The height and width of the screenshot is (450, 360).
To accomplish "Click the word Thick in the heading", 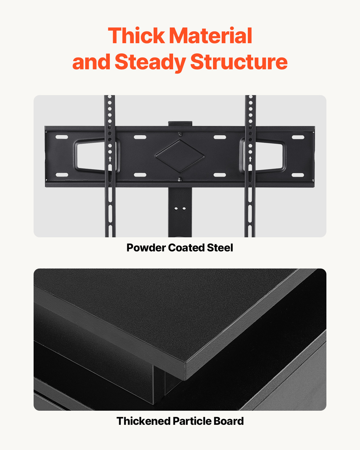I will pyautogui.click(x=136, y=36).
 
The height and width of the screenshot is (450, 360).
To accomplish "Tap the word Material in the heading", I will pyautogui.click(x=211, y=36).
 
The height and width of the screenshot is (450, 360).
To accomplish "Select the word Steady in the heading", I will pyautogui.click(x=150, y=62).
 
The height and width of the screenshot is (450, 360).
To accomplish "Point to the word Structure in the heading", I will pyautogui.click(x=239, y=62).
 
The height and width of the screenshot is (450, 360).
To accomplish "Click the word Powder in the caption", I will pyautogui.click(x=146, y=248).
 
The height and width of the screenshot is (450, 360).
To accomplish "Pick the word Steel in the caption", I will pyautogui.click(x=220, y=248).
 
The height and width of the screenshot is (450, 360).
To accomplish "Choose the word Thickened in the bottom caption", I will pyautogui.click(x=143, y=421).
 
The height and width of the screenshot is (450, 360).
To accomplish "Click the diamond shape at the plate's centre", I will pyautogui.click(x=180, y=156).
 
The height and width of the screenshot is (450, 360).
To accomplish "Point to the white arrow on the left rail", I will pyautogui.click(x=110, y=159).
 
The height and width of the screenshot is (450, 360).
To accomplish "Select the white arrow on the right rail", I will pyautogui.click(x=250, y=159).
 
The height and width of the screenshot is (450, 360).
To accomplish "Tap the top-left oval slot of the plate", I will pyautogui.click(x=62, y=137).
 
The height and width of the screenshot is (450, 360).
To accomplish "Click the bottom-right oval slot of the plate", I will pyautogui.click(x=298, y=175).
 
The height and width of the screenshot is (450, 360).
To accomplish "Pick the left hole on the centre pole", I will pyautogui.click(x=176, y=208).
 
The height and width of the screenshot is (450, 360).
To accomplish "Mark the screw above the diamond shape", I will pyautogui.click(x=180, y=134).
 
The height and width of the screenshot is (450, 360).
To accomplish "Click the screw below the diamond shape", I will pyautogui.click(x=180, y=180).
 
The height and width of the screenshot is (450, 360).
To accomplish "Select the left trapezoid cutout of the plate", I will pyautogui.click(x=90, y=156).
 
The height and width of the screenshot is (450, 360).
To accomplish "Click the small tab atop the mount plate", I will pyautogui.click(x=180, y=123).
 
